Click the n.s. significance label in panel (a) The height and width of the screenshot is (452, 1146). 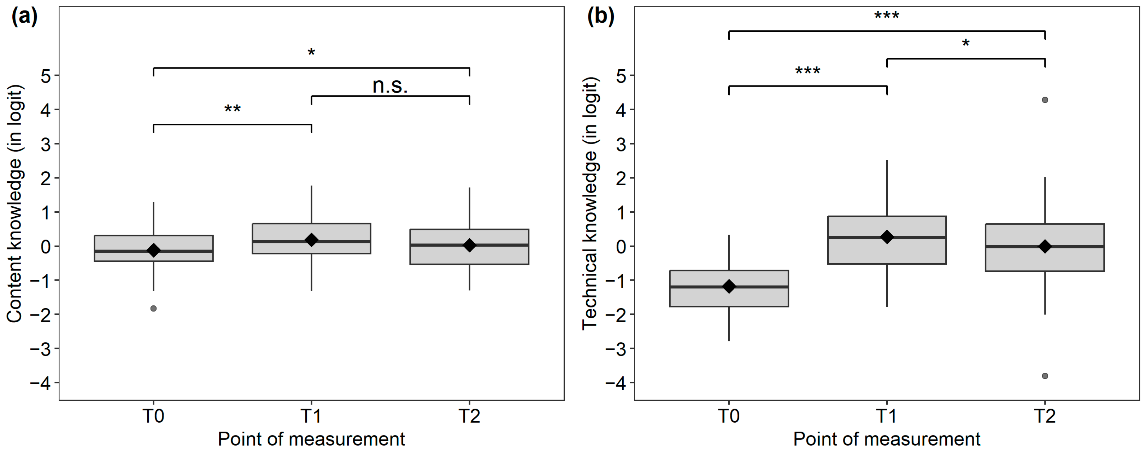(390, 86)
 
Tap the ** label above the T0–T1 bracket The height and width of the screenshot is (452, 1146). (232, 109)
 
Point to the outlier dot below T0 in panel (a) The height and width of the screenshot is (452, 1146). (153, 308)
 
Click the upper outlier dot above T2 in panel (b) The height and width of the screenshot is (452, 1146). (1045, 100)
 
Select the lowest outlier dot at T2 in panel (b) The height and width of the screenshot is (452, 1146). (1045, 376)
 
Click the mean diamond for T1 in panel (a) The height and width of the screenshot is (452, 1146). (311, 240)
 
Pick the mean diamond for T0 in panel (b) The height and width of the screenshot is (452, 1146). (729, 287)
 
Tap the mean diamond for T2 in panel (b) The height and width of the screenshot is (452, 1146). (1045, 246)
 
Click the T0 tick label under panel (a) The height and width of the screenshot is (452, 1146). (153, 416)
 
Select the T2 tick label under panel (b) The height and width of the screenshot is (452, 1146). (1045, 416)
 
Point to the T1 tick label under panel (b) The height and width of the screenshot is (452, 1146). (887, 416)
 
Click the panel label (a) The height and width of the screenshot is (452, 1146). (24, 17)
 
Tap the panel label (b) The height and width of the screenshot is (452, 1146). (601, 17)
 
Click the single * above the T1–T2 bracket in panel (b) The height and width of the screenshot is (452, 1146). (965, 43)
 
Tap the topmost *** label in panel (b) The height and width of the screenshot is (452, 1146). (887, 16)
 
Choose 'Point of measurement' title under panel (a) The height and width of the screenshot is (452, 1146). (311, 439)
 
